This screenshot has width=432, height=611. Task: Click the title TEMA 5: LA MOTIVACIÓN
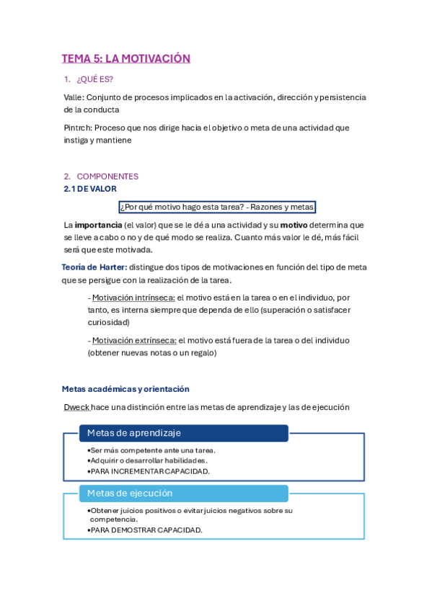[125, 59]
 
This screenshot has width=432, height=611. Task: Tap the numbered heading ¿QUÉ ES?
[94, 79]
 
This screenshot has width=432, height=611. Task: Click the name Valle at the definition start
[74, 97]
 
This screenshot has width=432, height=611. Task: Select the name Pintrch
[76, 128]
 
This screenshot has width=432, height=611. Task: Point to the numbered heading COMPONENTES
[107, 177]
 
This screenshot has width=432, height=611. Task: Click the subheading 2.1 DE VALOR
[90, 189]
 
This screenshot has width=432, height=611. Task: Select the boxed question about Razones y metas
[217, 208]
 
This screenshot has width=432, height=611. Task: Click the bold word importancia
[98, 225]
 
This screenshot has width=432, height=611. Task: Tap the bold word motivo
[294, 225]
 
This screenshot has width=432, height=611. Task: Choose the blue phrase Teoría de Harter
[94, 267]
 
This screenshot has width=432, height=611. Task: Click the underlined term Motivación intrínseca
[133, 297]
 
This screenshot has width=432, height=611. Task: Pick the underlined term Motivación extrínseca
[134, 340]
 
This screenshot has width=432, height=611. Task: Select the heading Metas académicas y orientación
[125, 389]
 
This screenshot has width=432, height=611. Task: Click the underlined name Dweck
[76, 407]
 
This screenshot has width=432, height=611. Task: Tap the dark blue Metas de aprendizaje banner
[184, 433]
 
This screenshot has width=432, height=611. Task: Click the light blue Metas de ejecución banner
[184, 494]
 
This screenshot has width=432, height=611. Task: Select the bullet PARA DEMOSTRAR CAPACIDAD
[146, 530]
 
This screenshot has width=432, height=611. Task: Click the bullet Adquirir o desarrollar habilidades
[149, 460]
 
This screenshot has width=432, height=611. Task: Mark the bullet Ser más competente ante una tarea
[153, 450]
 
